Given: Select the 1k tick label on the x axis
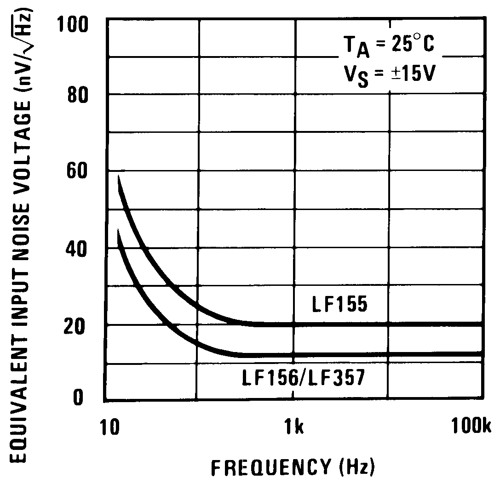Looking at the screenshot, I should (x=293, y=427).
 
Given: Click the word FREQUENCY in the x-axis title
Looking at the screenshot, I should (x=270, y=467).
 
